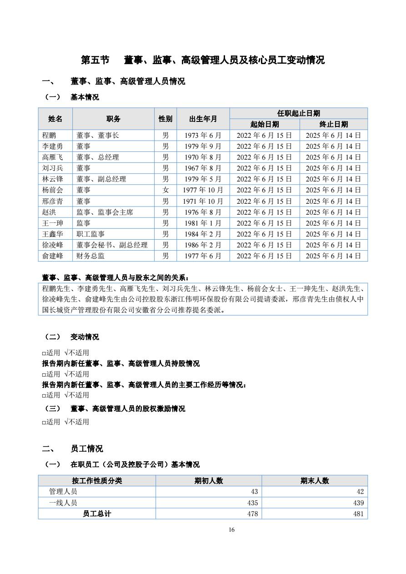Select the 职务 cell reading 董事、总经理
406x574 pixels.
pos(98,157)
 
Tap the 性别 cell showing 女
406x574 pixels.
pos(165,190)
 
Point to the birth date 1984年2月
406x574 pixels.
pos(203,234)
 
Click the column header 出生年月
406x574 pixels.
pos(203,119)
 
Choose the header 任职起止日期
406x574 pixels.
pos(298,113)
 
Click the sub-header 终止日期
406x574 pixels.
pos(333,124)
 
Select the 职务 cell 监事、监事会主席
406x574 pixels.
pos(105,212)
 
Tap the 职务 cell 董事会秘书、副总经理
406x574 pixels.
pos(112,245)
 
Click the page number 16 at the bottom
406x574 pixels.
pos(232,530)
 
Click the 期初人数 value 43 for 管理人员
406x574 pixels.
pos(254,492)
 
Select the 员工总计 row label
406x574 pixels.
pos(97,514)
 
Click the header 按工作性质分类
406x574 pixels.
pos(97,481)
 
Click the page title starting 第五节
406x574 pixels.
pos(203,60)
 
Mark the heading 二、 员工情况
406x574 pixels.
pos(73,449)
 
